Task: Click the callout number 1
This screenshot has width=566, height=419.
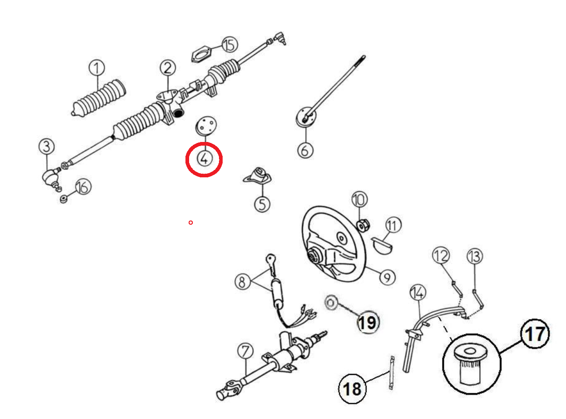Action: pos(96,68)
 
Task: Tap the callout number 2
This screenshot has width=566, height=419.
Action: pos(168,68)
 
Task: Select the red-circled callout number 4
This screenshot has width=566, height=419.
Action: pos(204,159)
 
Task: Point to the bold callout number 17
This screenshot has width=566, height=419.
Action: pos(535,334)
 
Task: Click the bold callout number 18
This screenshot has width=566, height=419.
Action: pos(353,389)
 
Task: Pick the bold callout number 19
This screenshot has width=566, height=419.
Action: pos(368,323)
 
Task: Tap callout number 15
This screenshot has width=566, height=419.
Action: pos(230,45)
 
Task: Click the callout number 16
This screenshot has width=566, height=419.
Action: pos(83,187)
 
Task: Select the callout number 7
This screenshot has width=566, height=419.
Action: pos(245,352)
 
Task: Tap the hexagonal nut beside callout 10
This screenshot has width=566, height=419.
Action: pos(363,225)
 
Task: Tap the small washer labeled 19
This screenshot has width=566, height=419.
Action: pos(330,303)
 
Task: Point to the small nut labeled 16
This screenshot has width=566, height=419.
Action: pos(64,199)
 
